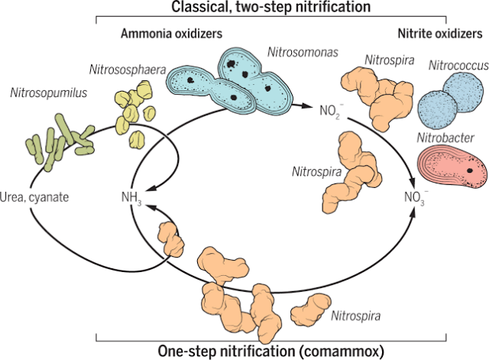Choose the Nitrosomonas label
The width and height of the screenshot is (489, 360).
pos(300,54)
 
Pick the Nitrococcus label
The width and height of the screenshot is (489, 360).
pos(457,66)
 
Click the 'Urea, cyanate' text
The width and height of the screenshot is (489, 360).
pos(36,196)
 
